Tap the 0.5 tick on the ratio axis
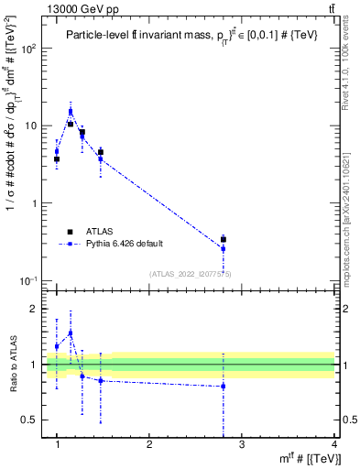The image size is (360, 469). coord(31,420)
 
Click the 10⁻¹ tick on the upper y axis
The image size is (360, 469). coord(27,280)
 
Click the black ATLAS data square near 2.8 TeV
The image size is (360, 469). coord(223,239)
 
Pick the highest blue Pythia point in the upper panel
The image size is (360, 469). coord(71,112)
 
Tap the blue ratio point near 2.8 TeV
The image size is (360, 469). coord(223,386)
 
